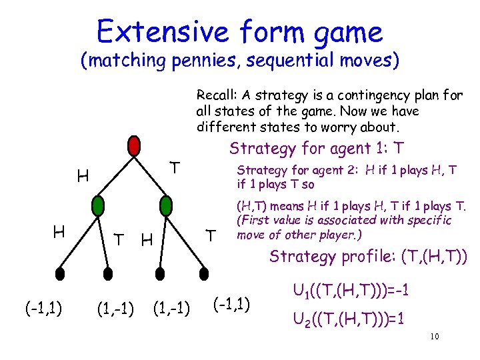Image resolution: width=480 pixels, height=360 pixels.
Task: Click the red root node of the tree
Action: pos(134,145)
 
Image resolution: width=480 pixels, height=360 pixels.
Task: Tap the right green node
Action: pos(165,204)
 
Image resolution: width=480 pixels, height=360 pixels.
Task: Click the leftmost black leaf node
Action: pos(60,273)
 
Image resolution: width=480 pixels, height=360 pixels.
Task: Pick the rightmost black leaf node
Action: pos(201,273)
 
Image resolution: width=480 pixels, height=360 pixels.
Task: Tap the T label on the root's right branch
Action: pos(175,167)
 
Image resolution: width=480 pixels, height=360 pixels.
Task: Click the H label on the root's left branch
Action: pos(83,177)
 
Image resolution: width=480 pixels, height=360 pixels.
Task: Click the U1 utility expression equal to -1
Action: pos(351,291)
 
